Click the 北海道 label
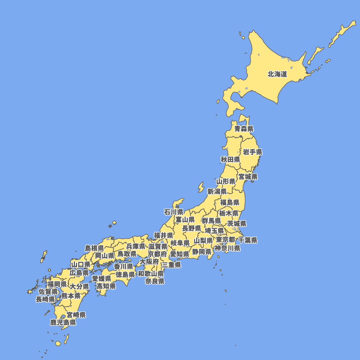coord(277,75)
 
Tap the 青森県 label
coord(244,129)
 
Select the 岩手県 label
coord(253,152)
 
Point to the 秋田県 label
coord(230,159)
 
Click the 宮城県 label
coord(248,176)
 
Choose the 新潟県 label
coord(217,191)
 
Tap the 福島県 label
coord(230,202)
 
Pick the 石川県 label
coord(174,212)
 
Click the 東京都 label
coord(225,239)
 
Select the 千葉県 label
coord(248,240)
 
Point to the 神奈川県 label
coord(228,248)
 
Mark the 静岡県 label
coord(202,252)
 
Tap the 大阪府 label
coord(149,262)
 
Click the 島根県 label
coord(94,248)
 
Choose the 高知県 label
coord(106,286)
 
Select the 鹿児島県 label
coord(63,323)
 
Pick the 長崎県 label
coord(45,299)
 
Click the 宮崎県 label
coord(76,315)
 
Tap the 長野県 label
coord(192,228)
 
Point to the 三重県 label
coord(171,265)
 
